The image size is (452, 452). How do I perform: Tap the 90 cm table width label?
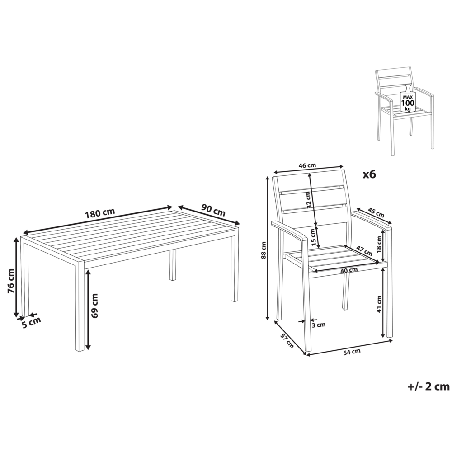(x=213, y=210)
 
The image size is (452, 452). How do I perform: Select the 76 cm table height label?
(x=11, y=281)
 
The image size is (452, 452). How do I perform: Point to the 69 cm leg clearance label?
(x=94, y=306)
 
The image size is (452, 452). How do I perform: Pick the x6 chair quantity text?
(x=369, y=174)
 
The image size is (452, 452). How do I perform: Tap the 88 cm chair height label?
(x=264, y=248)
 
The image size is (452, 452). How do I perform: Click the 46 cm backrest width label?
(x=307, y=165)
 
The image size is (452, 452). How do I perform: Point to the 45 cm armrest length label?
(x=376, y=212)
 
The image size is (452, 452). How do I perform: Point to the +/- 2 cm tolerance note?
(x=428, y=386)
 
